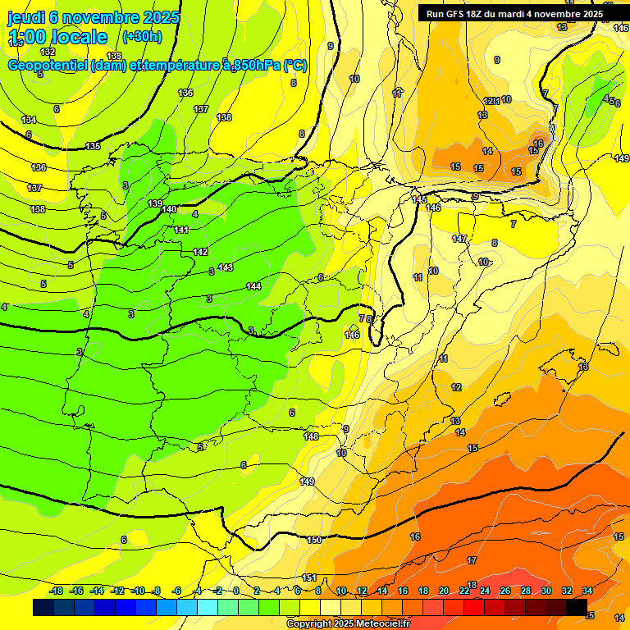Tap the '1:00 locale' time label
click(x=57, y=37)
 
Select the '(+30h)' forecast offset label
click(x=142, y=37)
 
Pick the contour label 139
click(x=155, y=203)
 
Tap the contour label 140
click(x=169, y=209)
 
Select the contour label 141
click(x=181, y=230)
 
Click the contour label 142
click(x=200, y=252)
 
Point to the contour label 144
click(x=253, y=286)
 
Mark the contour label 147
click(x=459, y=239)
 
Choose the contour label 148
click(x=311, y=436)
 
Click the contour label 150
click(x=315, y=540)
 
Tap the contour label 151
click(x=309, y=578)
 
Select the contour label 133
click(x=114, y=56)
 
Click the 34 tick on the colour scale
click(x=587, y=591)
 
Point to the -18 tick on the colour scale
click(x=57, y=591)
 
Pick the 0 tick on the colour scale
click(x=236, y=591)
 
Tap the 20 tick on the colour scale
click(x=444, y=591)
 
